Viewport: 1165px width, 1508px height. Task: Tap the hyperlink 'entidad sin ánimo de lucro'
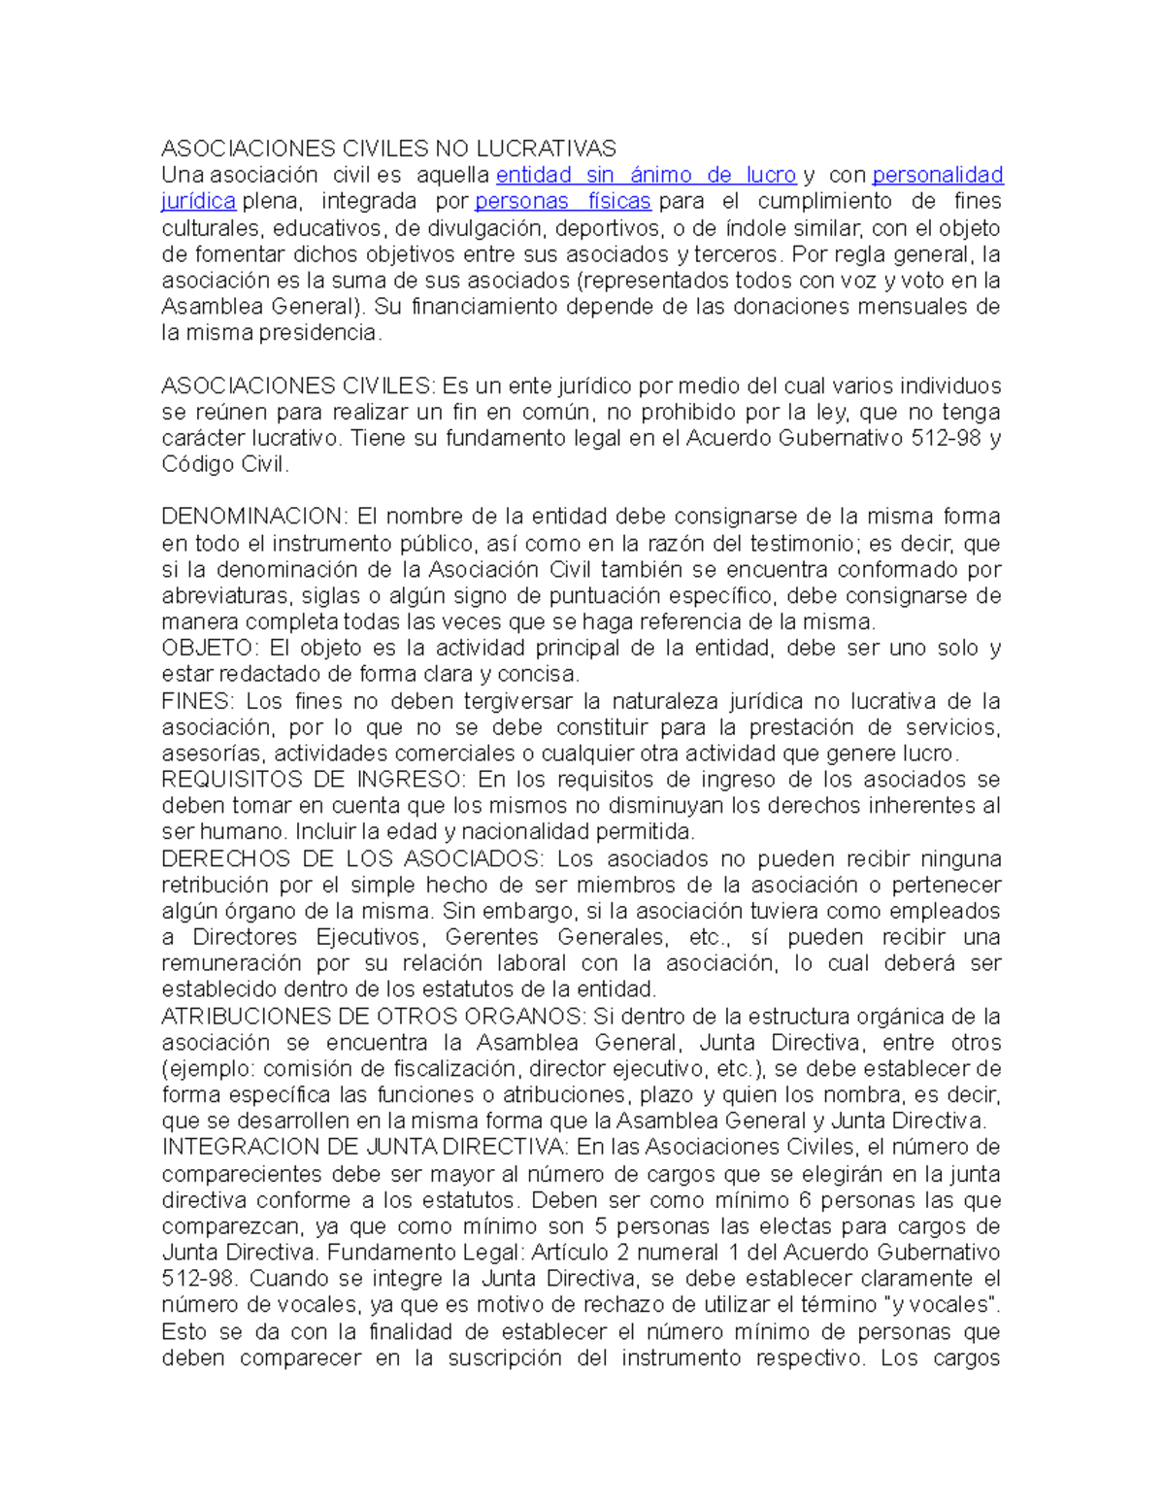pos(646,176)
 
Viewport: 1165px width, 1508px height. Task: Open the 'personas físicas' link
pos(563,202)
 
